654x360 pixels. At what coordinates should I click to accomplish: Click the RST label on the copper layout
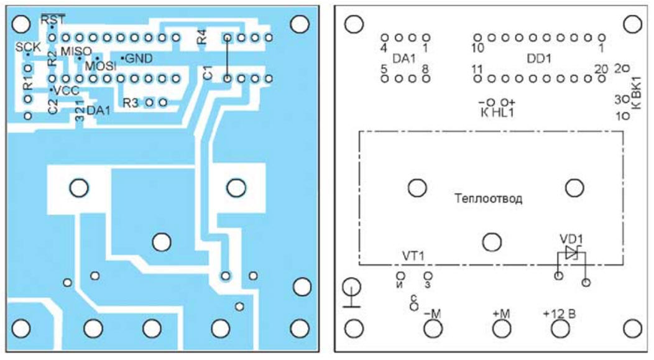click(x=52, y=20)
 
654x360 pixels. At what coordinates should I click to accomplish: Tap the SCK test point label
click(x=27, y=47)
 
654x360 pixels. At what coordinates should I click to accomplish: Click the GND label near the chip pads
click(x=139, y=58)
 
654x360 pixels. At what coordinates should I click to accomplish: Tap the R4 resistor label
click(x=202, y=37)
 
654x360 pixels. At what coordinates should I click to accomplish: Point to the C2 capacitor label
click(x=53, y=106)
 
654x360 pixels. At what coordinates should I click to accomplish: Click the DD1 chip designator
click(x=539, y=58)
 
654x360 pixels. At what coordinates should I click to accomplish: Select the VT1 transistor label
click(x=413, y=256)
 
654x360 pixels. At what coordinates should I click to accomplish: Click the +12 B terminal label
click(x=559, y=314)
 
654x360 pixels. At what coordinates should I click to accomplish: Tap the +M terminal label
click(x=500, y=314)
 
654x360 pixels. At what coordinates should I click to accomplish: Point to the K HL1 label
click(x=497, y=113)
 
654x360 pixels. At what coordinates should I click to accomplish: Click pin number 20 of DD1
click(x=601, y=69)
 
